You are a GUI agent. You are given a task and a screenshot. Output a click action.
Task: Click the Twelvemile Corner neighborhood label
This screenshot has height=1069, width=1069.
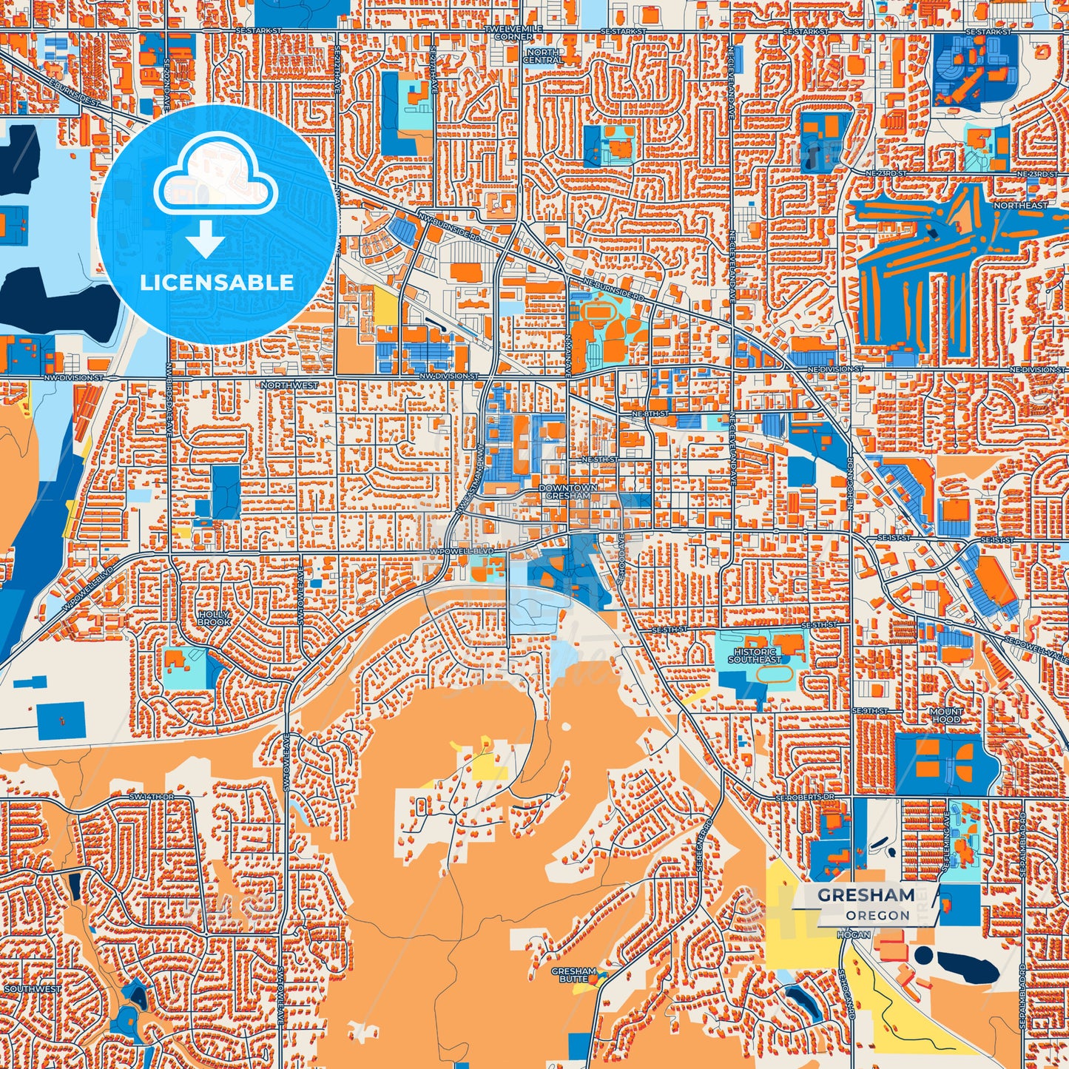coord(513,33)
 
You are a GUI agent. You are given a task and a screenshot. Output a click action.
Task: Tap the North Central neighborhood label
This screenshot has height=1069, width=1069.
coord(543,56)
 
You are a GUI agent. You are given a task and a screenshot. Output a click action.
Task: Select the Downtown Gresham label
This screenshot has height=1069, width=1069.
coord(567,492)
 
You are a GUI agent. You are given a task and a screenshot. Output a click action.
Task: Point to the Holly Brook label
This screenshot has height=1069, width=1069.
coord(214,618)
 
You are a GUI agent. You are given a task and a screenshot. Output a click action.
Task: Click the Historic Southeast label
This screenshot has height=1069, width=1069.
coord(755,655)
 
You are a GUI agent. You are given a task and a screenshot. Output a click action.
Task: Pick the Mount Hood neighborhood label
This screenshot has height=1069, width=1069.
coord(946,715)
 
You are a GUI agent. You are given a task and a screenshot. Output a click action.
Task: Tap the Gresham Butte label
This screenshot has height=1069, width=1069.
coord(573,975)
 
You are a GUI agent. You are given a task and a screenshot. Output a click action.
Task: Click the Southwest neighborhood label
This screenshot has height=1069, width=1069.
coord(33,989)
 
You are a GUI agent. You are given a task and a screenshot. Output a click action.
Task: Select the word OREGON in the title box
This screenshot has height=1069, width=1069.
coord(877,915)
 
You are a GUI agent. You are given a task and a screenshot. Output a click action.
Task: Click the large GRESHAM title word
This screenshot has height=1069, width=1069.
coord(866,895)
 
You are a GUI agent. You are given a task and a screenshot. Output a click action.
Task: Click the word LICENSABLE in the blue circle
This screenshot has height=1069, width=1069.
coord(217,283)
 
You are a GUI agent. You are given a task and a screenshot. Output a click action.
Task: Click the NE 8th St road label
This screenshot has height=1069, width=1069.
coord(652,413)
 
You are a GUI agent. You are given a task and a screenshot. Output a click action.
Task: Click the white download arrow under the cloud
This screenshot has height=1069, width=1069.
coord(206,240)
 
